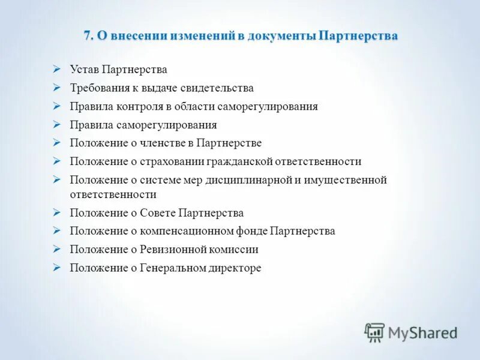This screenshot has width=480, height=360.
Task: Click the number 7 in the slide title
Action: click(87, 36)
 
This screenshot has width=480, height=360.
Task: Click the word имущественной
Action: click(350, 180)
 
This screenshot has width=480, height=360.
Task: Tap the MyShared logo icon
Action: click(375, 332)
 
